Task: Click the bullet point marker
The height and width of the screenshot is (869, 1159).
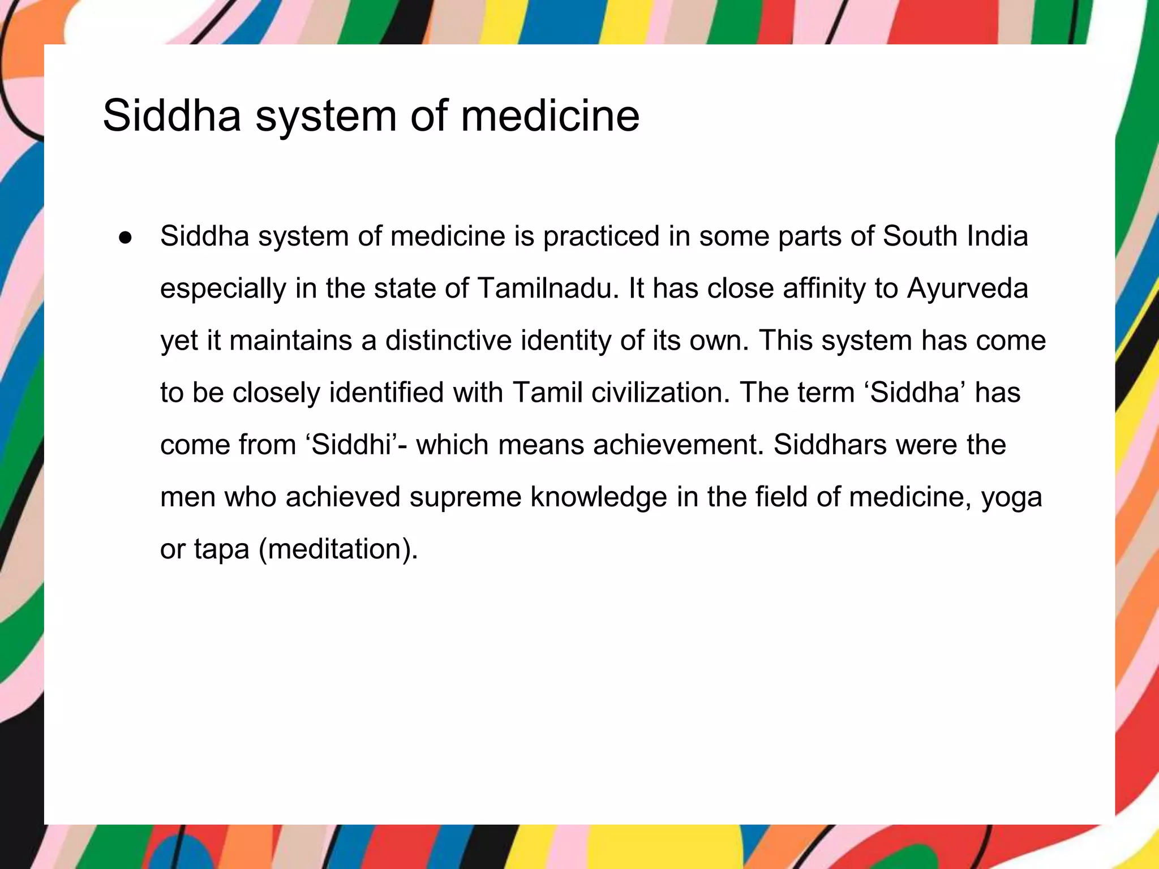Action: [x=125, y=238]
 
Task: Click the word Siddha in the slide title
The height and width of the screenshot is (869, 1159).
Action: [x=171, y=115]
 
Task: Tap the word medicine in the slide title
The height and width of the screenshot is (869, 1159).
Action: [x=550, y=115]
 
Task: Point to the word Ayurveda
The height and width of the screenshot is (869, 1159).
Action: [x=967, y=289]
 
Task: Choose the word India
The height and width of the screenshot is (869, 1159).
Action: [x=997, y=236]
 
